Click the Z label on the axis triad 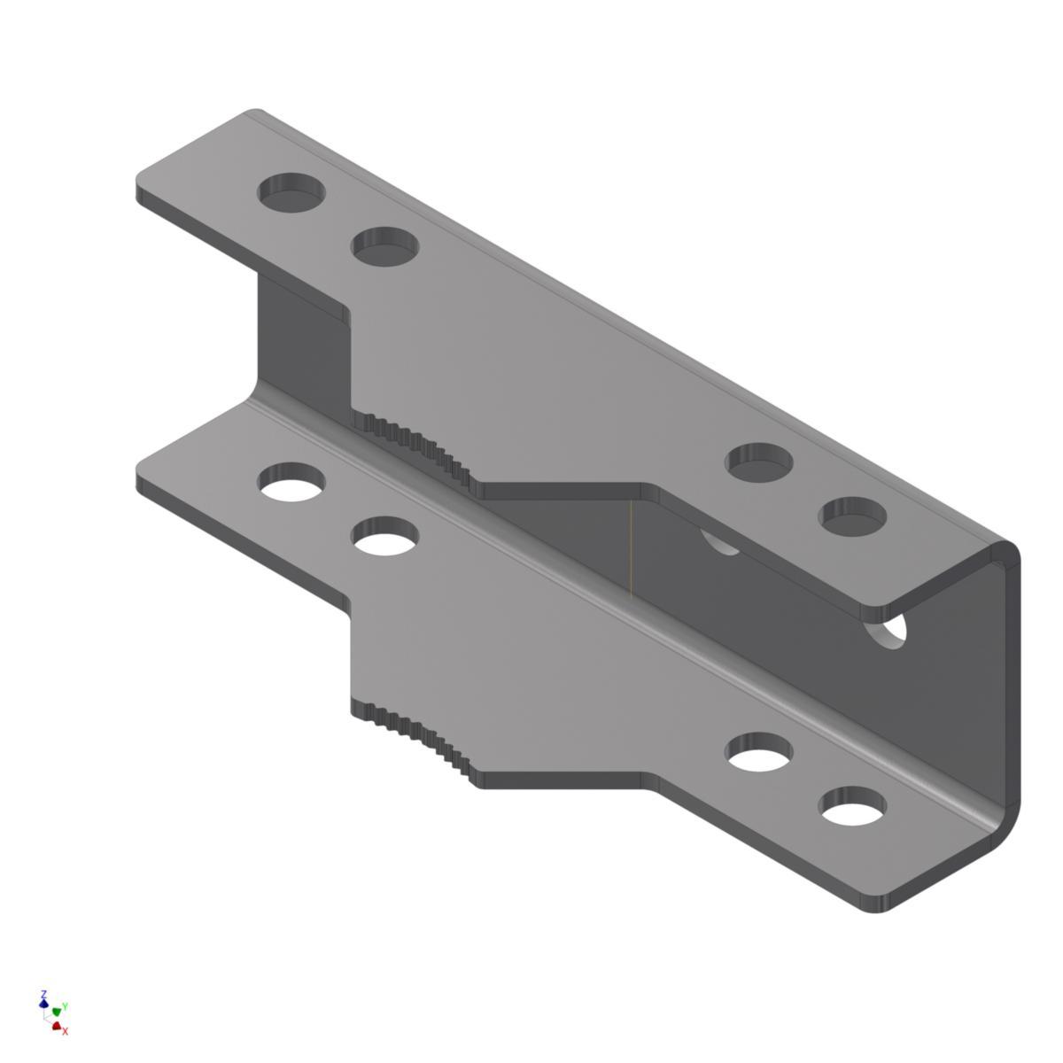43,995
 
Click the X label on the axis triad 66,1031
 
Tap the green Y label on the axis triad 66,1006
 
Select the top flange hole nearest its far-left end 291,191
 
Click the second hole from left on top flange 384,246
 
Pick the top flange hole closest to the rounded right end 852,516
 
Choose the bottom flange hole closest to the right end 852,807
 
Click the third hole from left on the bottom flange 759,753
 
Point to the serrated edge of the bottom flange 416,735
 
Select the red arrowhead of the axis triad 57,1026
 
